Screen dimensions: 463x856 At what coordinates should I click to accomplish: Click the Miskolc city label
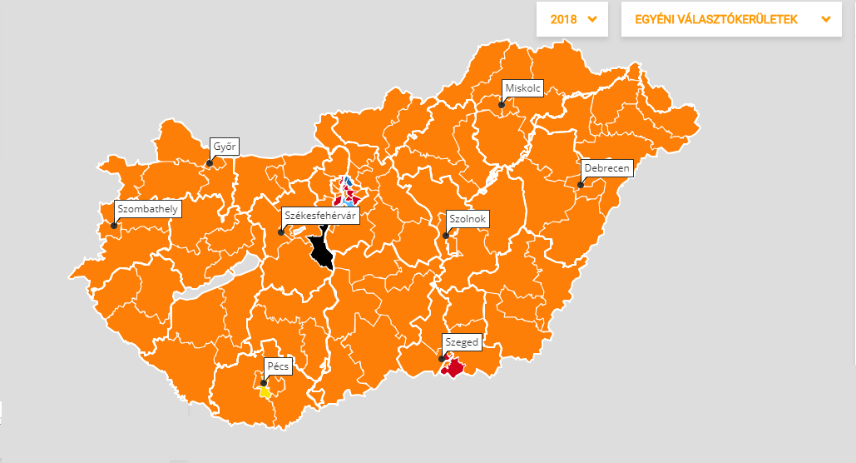click(x=523, y=87)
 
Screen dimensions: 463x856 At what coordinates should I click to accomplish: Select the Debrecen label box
click(x=607, y=168)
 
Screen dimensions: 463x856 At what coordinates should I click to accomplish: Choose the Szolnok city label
click(x=468, y=219)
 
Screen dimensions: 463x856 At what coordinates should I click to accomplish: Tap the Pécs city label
click(x=276, y=366)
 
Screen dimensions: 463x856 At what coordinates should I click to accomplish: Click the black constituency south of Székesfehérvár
click(x=319, y=251)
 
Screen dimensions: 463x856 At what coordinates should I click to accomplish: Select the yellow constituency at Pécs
click(x=265, y=391)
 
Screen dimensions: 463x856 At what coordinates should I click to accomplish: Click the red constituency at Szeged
click(x=454, y=366)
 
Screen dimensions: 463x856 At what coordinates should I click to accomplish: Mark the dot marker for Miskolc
click(x=502, y=105)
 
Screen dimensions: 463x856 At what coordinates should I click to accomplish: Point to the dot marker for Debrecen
click(x=581, y=185)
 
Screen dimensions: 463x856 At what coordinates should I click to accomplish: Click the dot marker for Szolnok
click(x=446, y=236)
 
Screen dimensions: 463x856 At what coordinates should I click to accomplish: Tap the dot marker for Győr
click(x=210, y=163)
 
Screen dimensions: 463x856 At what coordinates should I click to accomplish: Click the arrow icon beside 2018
click(x=592, y=19)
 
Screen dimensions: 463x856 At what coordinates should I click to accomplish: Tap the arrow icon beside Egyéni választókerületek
click(x=825, y=19)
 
